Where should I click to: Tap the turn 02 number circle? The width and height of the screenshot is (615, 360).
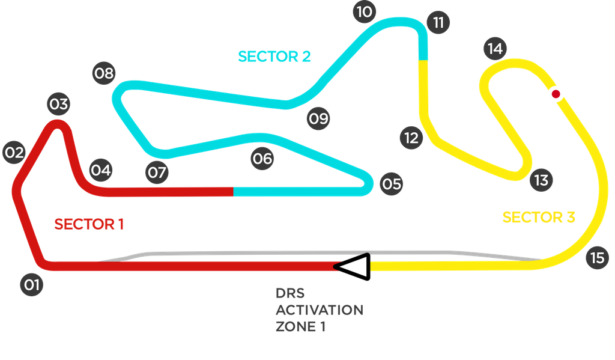click(x=13, y=153)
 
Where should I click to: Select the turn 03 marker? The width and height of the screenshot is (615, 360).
click(x=58, y=105)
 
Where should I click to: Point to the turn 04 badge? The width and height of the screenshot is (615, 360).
click(x=101, y=170)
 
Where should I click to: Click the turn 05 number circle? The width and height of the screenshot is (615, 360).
click(x=392, y=183)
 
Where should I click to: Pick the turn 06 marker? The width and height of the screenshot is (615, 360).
click(x=262, y=159)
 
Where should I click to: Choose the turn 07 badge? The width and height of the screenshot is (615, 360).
click(x=157, y=173)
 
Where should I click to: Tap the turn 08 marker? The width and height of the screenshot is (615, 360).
click(x=104, y=73)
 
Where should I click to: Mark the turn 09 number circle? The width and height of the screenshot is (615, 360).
click(x=319, y=118)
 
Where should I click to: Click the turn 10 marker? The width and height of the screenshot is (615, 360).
click(x=363, y=11)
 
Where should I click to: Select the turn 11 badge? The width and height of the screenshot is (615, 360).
click(x=438, y=23)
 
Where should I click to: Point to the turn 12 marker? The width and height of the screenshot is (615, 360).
click(x=411, y=138)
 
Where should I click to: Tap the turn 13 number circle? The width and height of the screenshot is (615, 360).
click(x=541, y=180)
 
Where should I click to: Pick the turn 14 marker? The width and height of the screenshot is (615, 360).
click(x=495, y=49)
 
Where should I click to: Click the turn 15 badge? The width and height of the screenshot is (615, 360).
click(x=597, y=258)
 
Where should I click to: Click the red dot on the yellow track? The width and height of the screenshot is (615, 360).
click(x=556, y=94)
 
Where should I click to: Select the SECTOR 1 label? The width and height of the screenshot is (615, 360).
click(x=89, y=224)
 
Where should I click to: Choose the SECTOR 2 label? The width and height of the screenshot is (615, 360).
click(x=274, y=56)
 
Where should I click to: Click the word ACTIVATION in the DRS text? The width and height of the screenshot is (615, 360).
click(x=319, y=310)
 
